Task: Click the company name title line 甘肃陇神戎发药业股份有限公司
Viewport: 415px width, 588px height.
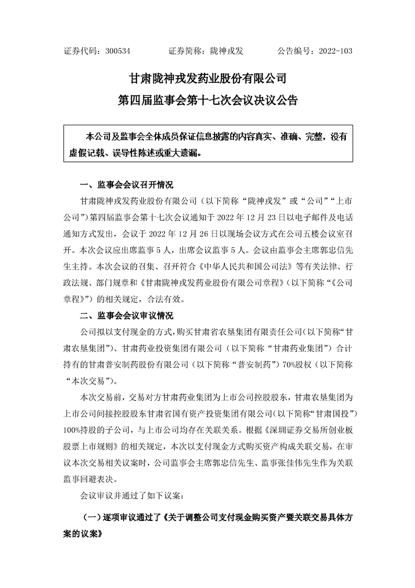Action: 208,79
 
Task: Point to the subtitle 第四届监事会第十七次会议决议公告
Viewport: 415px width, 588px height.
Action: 208,101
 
